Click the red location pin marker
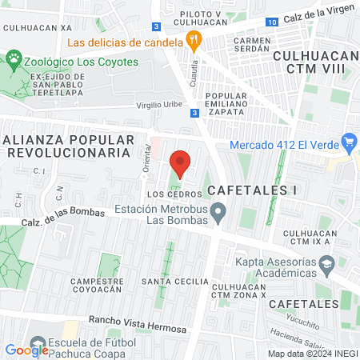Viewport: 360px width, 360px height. click(180, 164)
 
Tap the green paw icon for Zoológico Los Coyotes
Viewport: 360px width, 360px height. click(14, 58)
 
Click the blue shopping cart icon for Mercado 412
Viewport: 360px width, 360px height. click(348, 144)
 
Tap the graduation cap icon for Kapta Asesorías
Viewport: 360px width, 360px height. click(326, 263)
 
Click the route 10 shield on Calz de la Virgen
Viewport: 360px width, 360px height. click(273, 21)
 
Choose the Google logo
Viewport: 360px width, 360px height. click(27, 349)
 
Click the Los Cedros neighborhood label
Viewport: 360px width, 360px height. click(166, 194)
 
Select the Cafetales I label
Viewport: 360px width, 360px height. click(252, 190)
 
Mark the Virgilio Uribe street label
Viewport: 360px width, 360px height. click(160, 105)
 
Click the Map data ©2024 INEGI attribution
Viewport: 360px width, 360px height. click(313, 353)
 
